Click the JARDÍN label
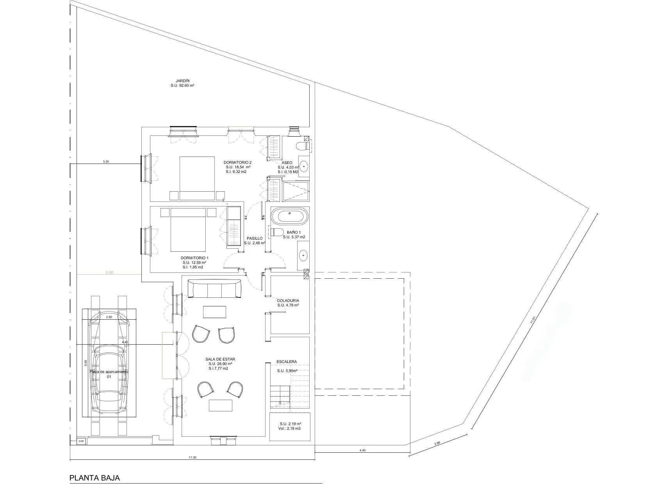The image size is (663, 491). (183, 81)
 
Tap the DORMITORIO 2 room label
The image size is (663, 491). (237, 162)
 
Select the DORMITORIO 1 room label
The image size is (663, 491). (194, 258)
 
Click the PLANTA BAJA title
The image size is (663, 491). (94, 477)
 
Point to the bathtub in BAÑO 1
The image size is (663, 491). (289, 217)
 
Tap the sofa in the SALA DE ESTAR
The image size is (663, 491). (214, 289)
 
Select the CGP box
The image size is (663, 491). (82, 441)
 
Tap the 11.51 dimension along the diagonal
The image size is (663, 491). (532, 320)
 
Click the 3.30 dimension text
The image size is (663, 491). (106, 161)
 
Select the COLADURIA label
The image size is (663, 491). (288, 301)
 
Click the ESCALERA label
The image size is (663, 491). (287, 362)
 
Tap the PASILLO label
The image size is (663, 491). (255, 238)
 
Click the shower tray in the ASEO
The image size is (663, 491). (296, 191)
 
